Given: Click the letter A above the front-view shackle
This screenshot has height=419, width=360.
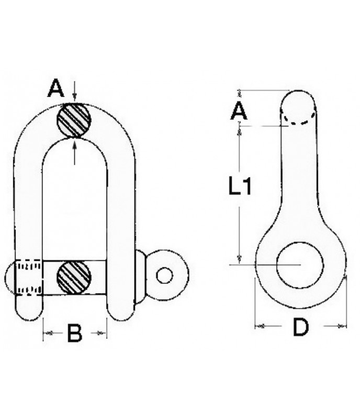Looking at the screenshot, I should tap(55, 89).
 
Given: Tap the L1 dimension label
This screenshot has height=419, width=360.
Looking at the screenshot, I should tap(240, 186).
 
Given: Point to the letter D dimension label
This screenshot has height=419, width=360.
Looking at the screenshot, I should tap(300, 328).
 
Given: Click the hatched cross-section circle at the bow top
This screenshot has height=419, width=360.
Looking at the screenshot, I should tap(74, 120).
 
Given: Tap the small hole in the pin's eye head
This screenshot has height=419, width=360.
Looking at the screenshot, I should tap(165, 275).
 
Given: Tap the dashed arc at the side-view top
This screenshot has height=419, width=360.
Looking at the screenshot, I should tap(299, 122).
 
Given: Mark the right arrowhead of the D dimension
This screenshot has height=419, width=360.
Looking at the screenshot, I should tap(342, 326).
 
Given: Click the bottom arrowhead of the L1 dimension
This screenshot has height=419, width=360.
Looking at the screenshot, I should tap(239, 259).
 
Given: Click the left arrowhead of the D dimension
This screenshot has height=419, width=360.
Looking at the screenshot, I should tap(258, 326).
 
